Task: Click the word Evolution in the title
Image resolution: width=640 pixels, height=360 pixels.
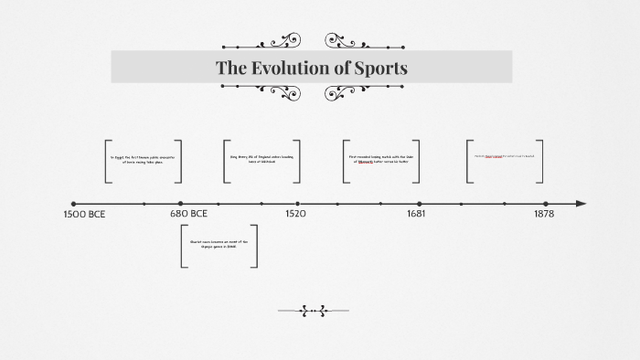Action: (309, 68)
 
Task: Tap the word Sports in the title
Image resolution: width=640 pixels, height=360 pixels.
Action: (379, 68)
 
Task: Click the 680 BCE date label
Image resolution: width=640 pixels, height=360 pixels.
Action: (188, 214)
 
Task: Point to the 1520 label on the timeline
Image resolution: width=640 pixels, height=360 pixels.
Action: (295, 214)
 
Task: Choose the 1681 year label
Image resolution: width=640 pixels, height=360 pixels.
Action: (416, 214)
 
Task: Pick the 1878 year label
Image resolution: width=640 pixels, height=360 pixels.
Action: (544, 214)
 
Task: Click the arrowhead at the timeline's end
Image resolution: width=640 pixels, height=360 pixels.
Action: (581, 204)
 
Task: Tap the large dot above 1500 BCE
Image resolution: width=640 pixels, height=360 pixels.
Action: (73, 204)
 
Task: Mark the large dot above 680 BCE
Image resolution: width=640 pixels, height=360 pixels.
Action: (181, 204)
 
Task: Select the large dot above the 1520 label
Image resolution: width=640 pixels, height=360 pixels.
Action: (297, 204)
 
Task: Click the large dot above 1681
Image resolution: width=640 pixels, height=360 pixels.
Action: (420, 204)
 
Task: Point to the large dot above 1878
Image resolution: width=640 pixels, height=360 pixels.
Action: (546, 204)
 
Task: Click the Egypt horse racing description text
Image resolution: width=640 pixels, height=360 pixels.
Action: (142, 160)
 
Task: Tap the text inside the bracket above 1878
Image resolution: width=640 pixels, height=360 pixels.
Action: (504, 156)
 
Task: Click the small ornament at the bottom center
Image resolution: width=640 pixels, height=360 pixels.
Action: (314, 312)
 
